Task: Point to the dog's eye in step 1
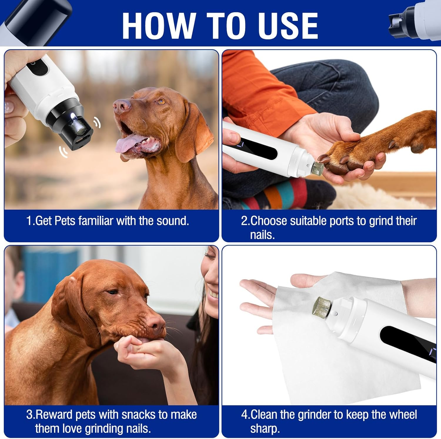161,102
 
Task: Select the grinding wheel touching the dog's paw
318,168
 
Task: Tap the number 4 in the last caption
244,415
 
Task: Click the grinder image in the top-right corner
415,22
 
